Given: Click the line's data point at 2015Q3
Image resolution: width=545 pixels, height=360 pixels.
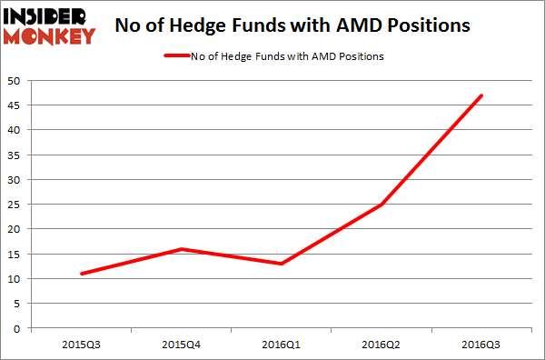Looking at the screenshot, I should tap(81, 274).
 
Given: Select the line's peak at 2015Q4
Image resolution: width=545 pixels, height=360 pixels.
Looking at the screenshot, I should tap(181, 249).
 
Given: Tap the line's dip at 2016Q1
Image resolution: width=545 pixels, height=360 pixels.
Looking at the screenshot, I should tap(282, 264).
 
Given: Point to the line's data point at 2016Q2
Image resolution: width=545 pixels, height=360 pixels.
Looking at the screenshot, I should tap(381, 205).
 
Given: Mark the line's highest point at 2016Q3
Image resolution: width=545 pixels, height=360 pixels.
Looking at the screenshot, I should tap(481, 95).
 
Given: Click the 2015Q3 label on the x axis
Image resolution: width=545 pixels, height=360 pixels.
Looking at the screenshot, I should tap(81, 345).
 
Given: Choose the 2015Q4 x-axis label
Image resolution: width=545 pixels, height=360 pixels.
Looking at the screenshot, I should tap(181, 345).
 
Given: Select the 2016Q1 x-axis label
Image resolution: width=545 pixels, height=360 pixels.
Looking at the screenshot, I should tap(282, 345).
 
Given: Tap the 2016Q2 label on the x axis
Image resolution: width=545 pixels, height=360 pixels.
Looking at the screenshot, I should tap(381, 345).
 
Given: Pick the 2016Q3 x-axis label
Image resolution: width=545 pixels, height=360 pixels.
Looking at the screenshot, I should tap(481, 345).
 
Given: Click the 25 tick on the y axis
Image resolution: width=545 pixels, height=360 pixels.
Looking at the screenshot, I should tap(15, 205).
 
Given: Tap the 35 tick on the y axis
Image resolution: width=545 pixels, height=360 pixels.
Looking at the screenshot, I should tap(15, 155).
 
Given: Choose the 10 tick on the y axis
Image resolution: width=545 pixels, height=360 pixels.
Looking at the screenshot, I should tap(15, 279).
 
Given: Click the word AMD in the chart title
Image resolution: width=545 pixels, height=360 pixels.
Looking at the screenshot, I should tap(352, 25).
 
